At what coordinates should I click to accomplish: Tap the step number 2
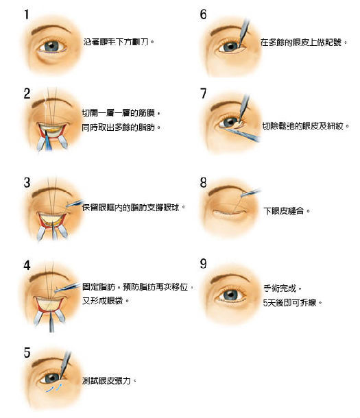point(28,94)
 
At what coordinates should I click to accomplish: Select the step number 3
point(27,183)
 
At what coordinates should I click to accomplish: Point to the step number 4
point(27,265)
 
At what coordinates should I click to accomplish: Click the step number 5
point(27,354)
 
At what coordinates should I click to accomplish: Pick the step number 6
point(203,14)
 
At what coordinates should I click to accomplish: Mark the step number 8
point(203,183)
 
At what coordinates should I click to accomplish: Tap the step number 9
point(203,264)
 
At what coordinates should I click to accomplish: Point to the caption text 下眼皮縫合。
point(287,211)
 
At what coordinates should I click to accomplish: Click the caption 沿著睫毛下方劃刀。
point(118,42)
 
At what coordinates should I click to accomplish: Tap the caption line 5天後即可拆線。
point(292,302)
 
